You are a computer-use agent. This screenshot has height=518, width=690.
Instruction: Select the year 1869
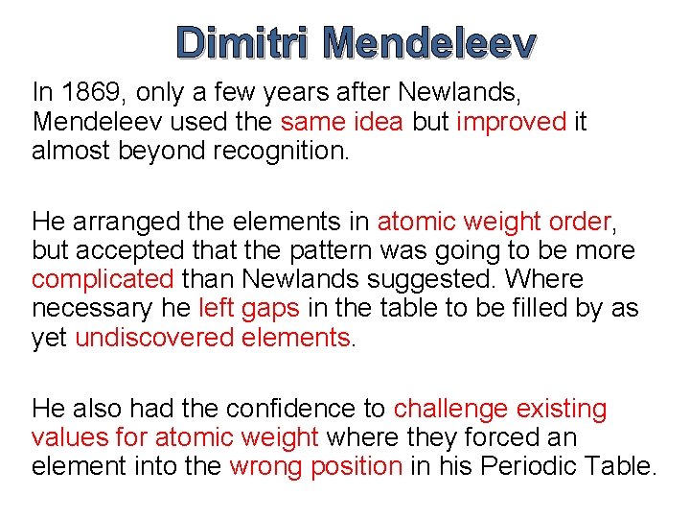click(82, 93)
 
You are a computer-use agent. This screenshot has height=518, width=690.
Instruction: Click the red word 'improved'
click(512, 122)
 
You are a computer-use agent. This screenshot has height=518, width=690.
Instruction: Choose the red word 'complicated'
click(103, 279)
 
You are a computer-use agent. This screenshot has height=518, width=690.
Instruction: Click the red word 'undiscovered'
click(149, 338)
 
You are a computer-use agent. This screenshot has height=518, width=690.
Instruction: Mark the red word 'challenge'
click(450, 409)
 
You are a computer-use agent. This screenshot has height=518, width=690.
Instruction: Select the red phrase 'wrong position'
click(315, 467)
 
